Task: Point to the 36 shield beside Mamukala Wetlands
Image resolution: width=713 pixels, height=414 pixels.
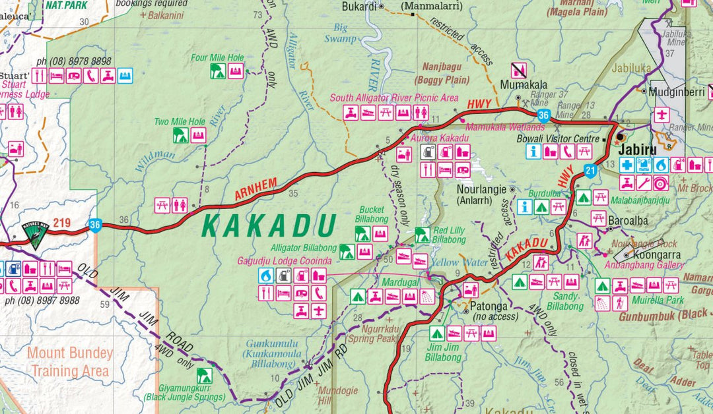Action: pyautogui.click(x=543, y=116)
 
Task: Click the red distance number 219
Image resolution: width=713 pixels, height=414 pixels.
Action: pyautogui.click(x=62, y=223)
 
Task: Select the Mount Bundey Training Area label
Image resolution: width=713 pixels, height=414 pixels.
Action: pyautogui.click(x=70, y=362)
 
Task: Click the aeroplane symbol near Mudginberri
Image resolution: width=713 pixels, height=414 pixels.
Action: pyautogui.click(x=661, y=114)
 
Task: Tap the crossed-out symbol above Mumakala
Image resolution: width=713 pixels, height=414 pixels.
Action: pyautogui.click(x=519, y=70)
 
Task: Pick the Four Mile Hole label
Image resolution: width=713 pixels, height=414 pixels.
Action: pyautogui.click(x=217, y=57)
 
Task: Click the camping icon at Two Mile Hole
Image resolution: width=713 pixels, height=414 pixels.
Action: pyautogui.click(x=180, y=136)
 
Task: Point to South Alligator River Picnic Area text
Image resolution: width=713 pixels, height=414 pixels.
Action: pyautogui.click(x=394, y=98)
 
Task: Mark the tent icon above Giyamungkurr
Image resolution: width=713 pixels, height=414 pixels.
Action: pyautogui.click(x=204, y=376)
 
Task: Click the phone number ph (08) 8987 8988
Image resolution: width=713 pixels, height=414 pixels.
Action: pyautogui.click(x=42, y=301)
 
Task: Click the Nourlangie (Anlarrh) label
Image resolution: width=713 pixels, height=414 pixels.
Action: pyautogui.click(x=481, y=193)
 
